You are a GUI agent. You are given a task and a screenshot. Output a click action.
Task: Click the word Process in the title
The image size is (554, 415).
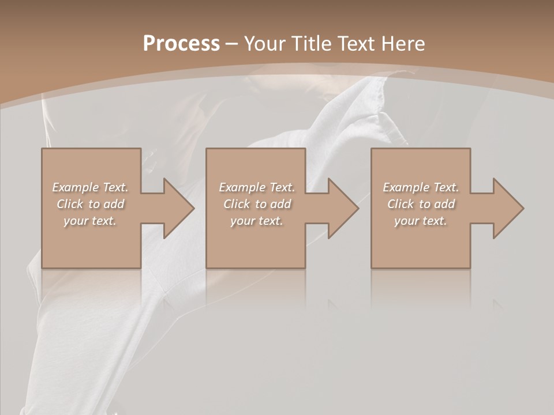(x=181, y=44)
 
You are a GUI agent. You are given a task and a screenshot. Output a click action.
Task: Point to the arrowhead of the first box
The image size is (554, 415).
(x=179, y=208)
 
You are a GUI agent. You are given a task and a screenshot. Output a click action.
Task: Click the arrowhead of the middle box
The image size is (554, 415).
(x=343, y=208)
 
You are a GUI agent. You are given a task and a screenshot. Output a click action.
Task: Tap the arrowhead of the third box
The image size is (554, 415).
(x=508, y=208)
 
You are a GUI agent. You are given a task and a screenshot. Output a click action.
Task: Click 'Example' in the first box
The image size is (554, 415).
(x=76, y=187)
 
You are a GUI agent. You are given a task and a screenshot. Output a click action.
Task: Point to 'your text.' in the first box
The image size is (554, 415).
(x=90, y=221)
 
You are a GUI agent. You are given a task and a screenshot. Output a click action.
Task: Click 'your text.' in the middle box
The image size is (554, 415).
(x=256, y=221)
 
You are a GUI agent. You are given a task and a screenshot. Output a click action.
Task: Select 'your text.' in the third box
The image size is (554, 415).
(x=420, y=221)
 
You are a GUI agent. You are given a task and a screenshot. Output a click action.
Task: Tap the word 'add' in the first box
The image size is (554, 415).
(x=114, y=204)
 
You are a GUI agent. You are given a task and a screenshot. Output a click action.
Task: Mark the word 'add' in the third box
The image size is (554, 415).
(x=444, y=204)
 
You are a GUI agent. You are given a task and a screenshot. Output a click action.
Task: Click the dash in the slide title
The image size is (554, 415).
(x=232, y=44)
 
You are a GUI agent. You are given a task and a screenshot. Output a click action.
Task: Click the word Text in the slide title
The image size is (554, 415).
(x=355, y=44)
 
